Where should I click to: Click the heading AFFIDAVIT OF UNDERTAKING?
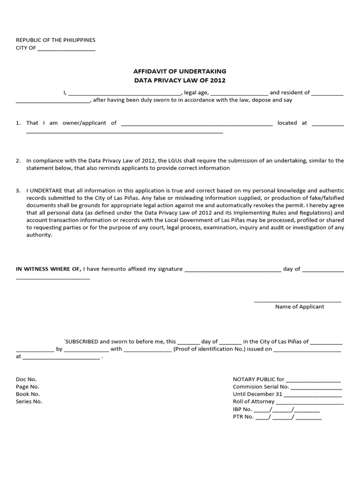(x=180, y=71)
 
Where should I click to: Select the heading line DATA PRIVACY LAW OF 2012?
(x=180, y=81)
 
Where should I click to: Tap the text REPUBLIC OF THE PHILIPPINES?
(x=56, y=40)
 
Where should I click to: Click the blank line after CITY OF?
(x=66, y=48)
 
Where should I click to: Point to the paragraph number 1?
(x=18, y=123)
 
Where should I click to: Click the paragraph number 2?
(x=18, y=160)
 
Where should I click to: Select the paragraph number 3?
(x=18, y=191)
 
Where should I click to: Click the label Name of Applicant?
(x=300, y=307)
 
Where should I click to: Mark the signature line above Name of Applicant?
(x=298, y=301)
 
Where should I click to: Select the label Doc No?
(x=26, y=379)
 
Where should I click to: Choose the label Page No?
(x=28, y=387)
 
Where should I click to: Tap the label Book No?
(x=28, y=394)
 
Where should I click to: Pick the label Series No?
(x=29, y=402)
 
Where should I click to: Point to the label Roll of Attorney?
(x=254, y=402)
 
